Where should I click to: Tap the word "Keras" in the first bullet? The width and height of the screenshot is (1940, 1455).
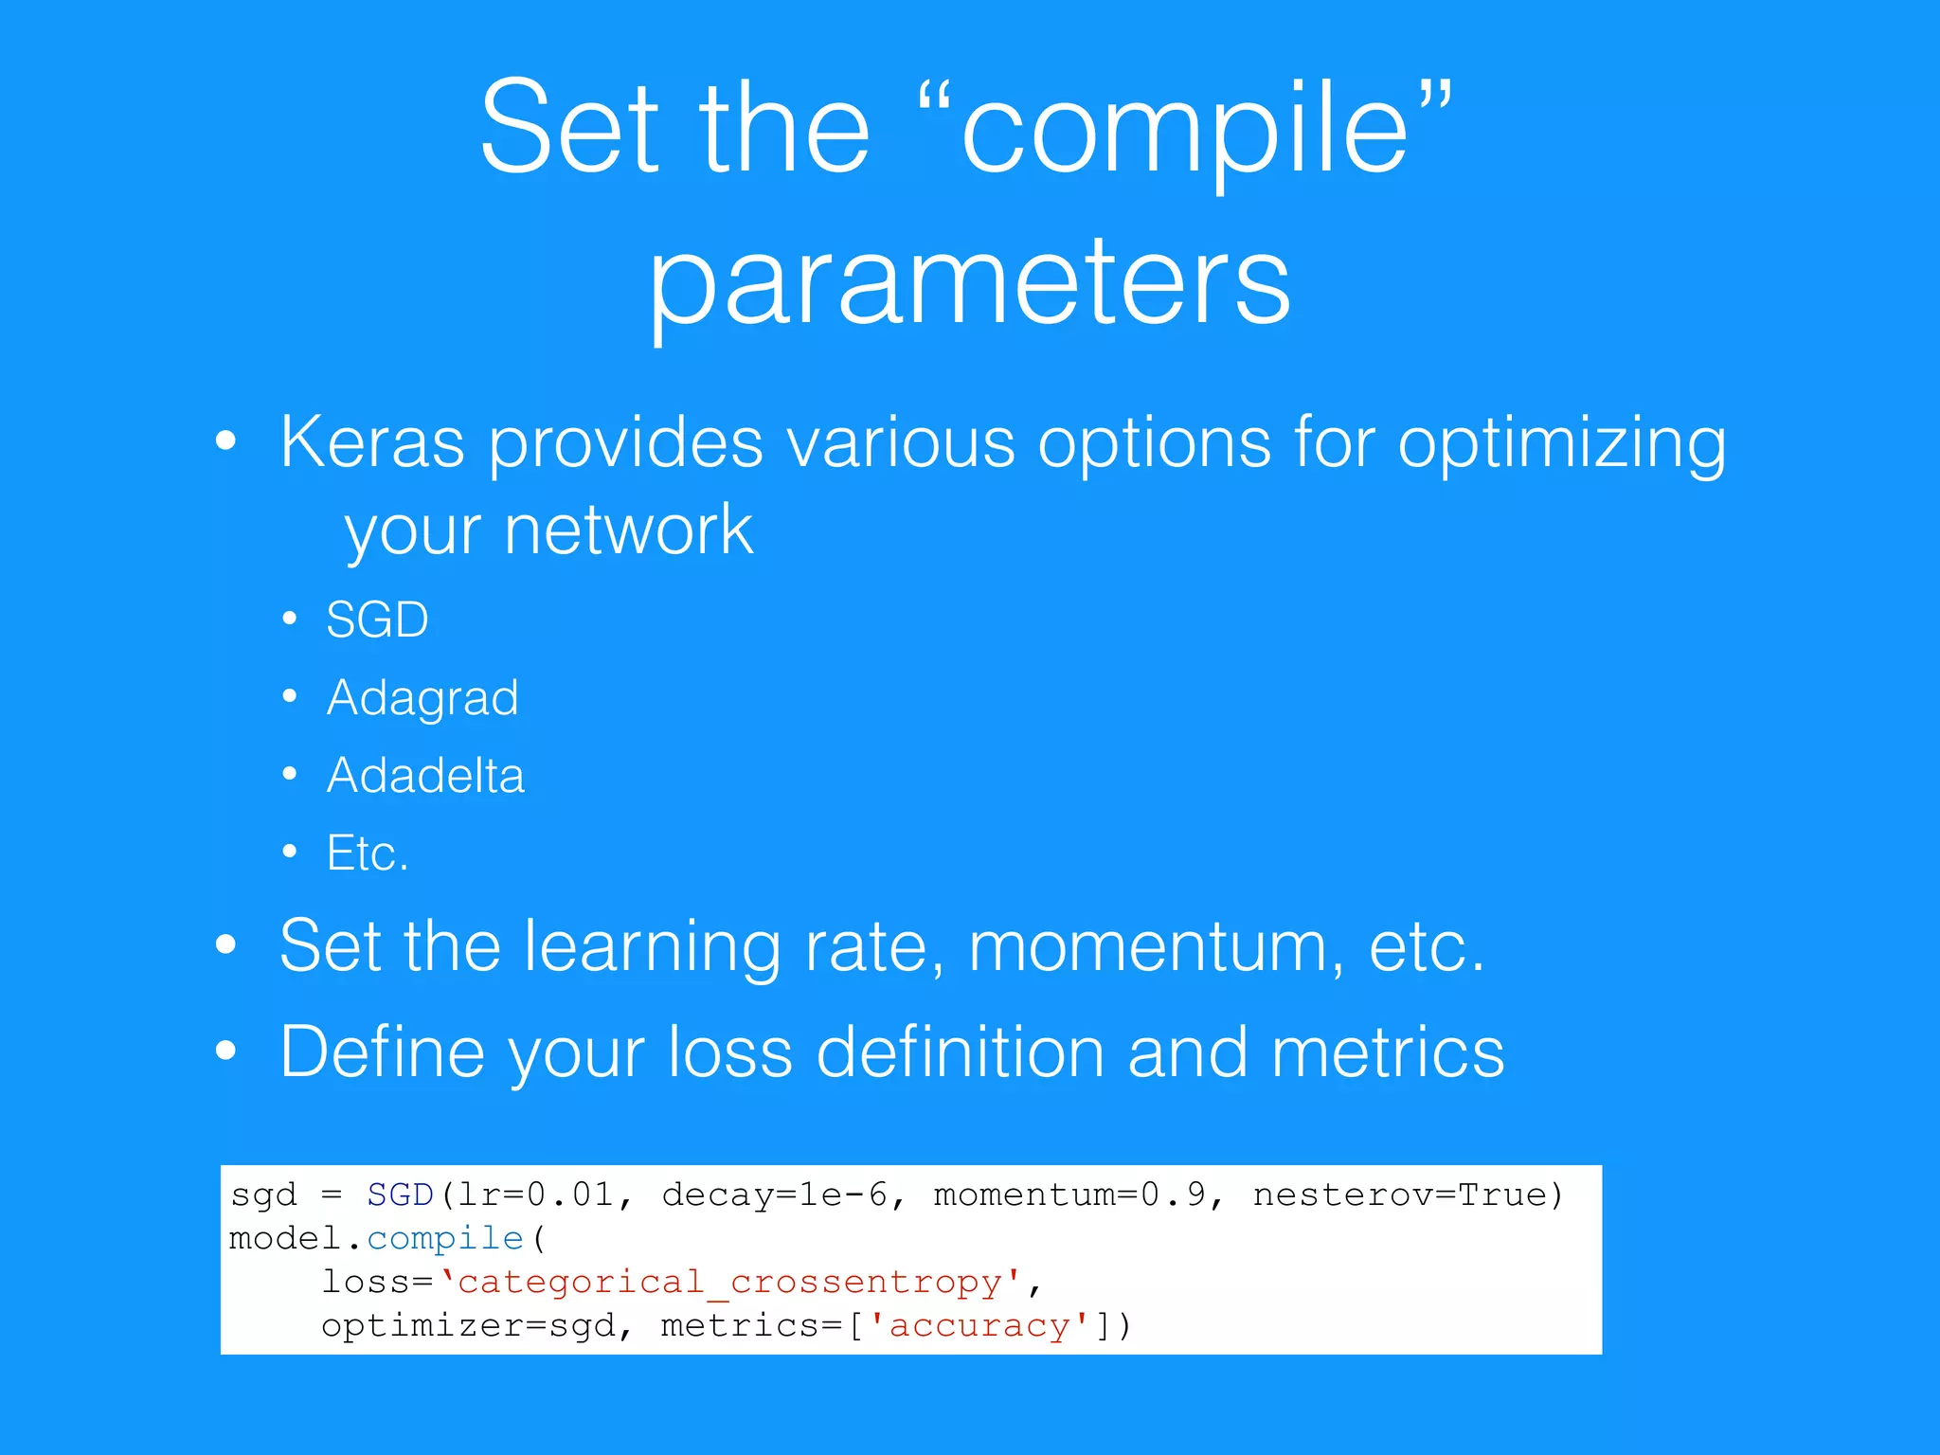(372, 442)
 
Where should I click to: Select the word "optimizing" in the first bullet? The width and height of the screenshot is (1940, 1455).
(1561, 442)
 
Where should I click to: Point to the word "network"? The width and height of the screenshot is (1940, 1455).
(628, 530)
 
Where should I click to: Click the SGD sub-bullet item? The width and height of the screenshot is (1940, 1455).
(377, 620)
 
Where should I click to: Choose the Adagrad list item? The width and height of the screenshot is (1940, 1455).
(422, 698)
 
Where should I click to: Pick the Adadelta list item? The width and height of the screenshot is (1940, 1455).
(425, 776)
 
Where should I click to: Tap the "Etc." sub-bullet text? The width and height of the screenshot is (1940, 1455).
(368, 853)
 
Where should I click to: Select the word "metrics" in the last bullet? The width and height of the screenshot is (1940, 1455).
(1387, 1052)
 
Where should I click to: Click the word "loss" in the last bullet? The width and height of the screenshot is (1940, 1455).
(729, 1052)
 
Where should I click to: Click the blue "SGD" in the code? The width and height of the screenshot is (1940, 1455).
(400, 1195)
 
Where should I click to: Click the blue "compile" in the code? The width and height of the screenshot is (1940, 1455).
(445, 1239)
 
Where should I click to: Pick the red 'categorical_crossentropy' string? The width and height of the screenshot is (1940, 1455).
(729, 1283)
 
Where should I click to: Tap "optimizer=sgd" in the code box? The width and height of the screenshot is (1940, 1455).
(469, 1326)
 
